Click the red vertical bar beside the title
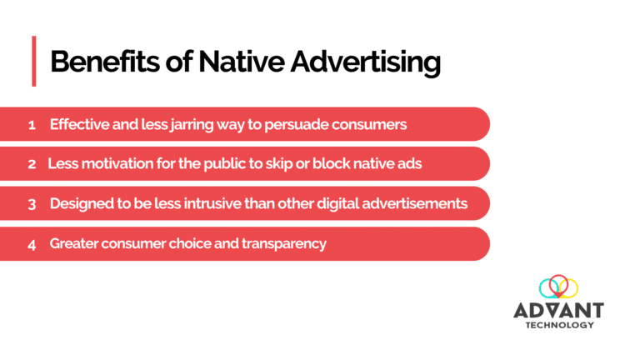34,61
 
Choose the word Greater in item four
74,244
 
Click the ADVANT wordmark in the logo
558,310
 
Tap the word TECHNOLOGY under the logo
559,325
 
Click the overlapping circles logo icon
558,288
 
